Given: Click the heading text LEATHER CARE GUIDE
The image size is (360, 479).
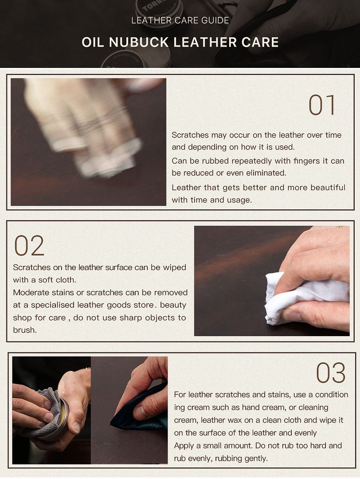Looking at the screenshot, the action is (x=180, y=20).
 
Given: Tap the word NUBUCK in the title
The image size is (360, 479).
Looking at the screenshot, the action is (x=139, y=42).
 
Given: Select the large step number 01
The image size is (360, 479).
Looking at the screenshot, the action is (x=322, y=105).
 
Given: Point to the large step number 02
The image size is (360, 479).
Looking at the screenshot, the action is (x=29, y=245).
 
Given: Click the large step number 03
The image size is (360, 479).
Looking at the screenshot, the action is (x=331, y=373).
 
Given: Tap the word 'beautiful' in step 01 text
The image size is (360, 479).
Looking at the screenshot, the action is (x=328, y=187).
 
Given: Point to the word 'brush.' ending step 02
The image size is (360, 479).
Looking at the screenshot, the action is (x=25, y=330).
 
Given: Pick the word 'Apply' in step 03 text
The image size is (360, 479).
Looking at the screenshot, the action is (x=184, y=446).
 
